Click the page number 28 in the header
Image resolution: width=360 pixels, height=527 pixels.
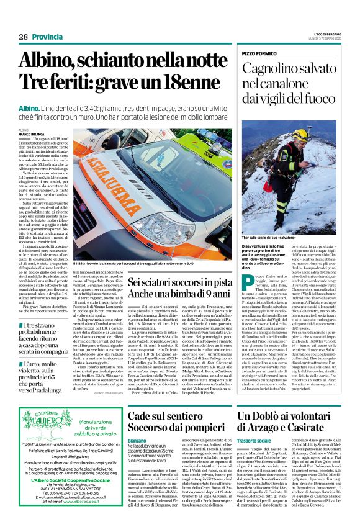coord(23,37)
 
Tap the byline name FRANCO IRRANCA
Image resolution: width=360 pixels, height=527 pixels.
coord(31,133)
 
